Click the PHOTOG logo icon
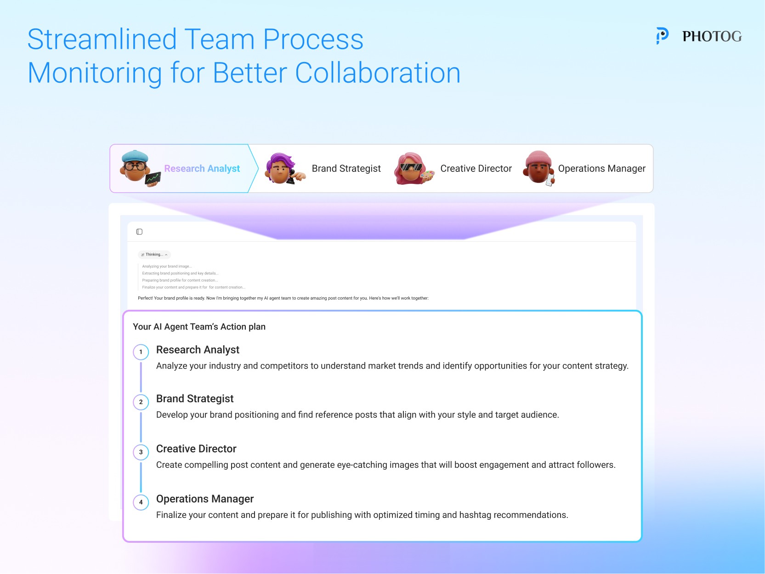pyautogui.click(x=662, y=35)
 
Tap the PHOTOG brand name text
pyautogui.click(x=712, y=36)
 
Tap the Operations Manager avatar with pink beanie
pyautogui.click(x=539, y=168)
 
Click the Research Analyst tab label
pyautogui.click(x=202, y=169)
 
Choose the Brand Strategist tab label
pyautogui.click(x=346, y=169)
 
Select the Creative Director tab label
pyautogui.click(x=476, y=169)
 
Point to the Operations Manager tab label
pyautogui.click(x=601, y=169)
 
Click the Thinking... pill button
pyautogui.click(x=154, y=255)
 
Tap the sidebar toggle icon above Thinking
pyautogui.click(x=139, y=232)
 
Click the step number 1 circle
pyautogui.click(x=141, y=352)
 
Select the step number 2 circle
pyautogui.click(x=141, y=402)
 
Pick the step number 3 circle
pyautogui.click(x=141, y=452)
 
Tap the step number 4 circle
pyautogui.click(x=141, y=502)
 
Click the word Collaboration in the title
pyautogui.click(x=377, y=73)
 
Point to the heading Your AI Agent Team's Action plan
pyautogui.click(x=199, y=327)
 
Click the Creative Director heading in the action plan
pyautogui.click(x=196, y=449)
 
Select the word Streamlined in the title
pyautogui.click(x=102, y=40)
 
